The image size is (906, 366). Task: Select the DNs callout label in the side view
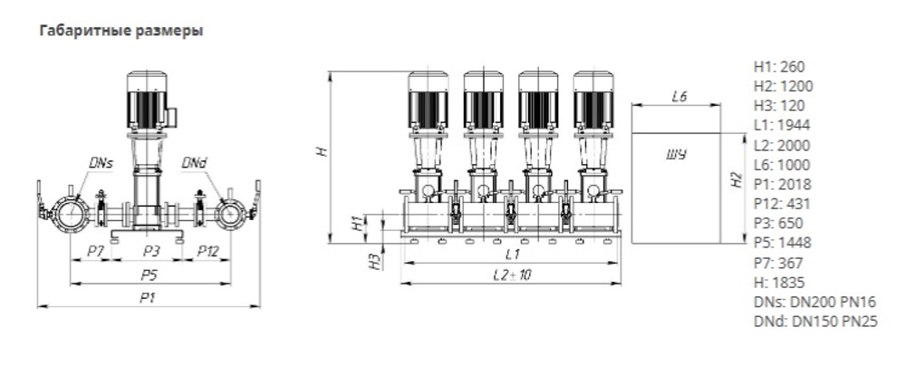click(101, 163)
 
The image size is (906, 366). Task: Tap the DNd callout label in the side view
click(193, 163)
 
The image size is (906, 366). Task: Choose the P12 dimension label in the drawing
click(208, 250)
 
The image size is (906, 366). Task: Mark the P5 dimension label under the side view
click(149, 274)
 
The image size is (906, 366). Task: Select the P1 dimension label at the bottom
click(149, 297)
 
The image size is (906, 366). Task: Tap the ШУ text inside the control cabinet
click(675, 155)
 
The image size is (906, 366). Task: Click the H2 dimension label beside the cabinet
click(737, 181)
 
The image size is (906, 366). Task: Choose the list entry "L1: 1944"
click(782, 125)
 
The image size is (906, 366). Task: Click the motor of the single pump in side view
click(149, 100)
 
